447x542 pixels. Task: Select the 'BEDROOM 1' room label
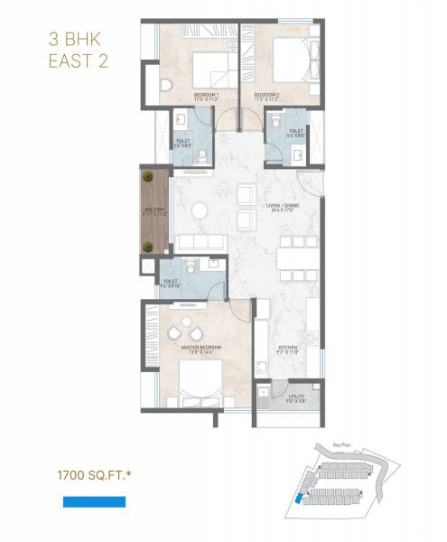208,96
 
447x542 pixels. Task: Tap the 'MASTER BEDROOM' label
201,349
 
